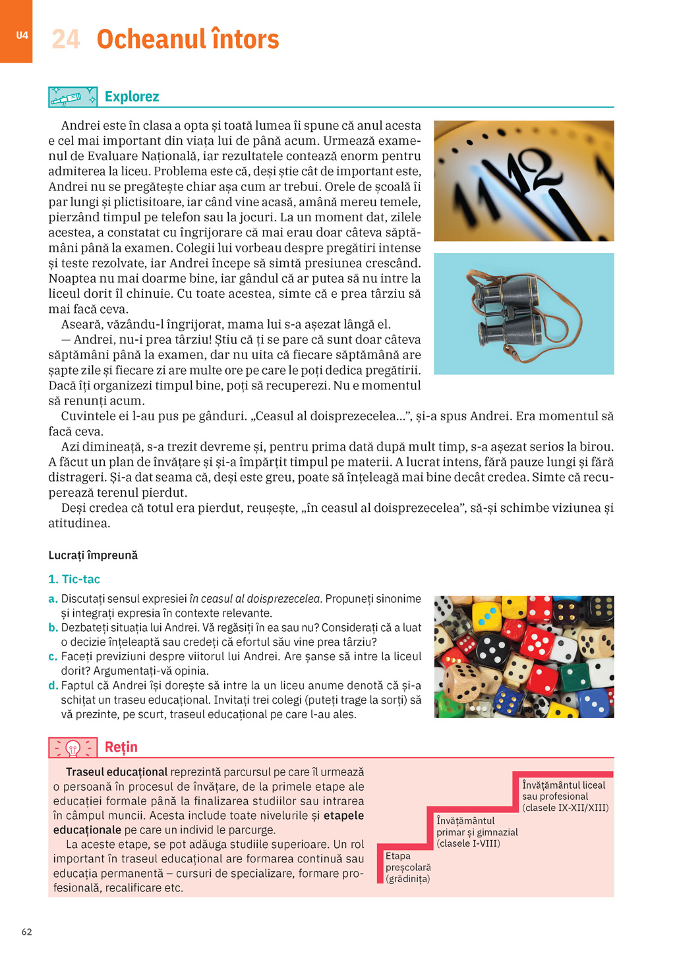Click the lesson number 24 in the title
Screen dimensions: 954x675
tap(66, 40)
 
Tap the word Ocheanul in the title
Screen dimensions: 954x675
tap(151, 40)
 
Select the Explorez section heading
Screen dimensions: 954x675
tap(132, 97)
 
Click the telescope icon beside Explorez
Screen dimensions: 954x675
tap(73, 98)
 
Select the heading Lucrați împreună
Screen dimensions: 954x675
tap(93, 555)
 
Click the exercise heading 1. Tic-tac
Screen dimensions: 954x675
tap(74, 579)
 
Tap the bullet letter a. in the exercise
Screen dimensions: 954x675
tap(53, 599)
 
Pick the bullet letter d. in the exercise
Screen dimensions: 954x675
tap(53, 686)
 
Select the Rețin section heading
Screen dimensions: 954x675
tap(121, 747)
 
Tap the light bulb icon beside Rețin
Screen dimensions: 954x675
tap(73, 748)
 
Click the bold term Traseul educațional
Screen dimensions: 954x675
tap(117, 772)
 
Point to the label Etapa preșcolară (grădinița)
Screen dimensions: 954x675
tap(408, 868)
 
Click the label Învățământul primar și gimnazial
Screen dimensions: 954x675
tap(477, 832)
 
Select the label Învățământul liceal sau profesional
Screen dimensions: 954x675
tap(565, 797)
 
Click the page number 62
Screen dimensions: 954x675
tap(27, 932)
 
